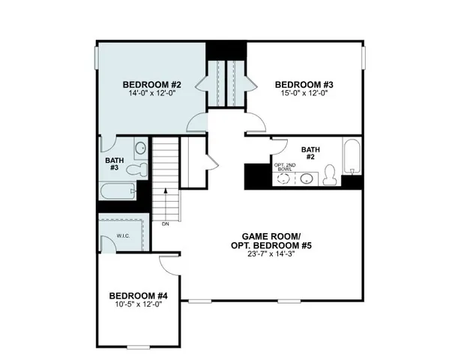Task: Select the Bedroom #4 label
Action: pyautogui.click(x=136, y=295)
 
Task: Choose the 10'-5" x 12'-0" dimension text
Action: pyautogui.click(x=136, y=306)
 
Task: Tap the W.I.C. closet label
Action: pyautogui.click(x=122, y=236)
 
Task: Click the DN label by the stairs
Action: pyautogui.click(x=165, y=223)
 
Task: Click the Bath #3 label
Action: pyautogui.click(x=114, y=163)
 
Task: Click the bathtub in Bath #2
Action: pyautogui.click(x=352, y=157)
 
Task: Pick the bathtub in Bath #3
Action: pyautogui.click(x=116, y=190)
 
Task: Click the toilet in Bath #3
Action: pyautogui.click(x=136, y=170)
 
